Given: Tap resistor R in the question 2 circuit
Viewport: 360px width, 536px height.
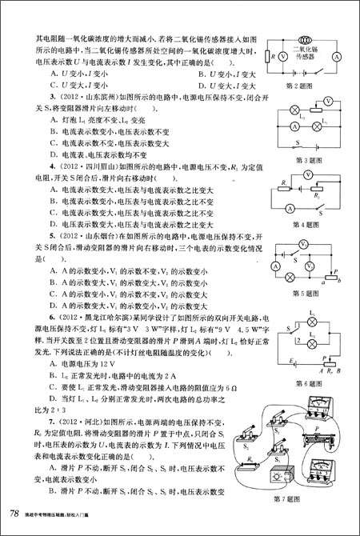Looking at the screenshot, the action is (x=266, y=58).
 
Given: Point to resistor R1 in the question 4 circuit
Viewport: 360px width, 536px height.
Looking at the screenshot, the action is (x=283, y=190).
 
